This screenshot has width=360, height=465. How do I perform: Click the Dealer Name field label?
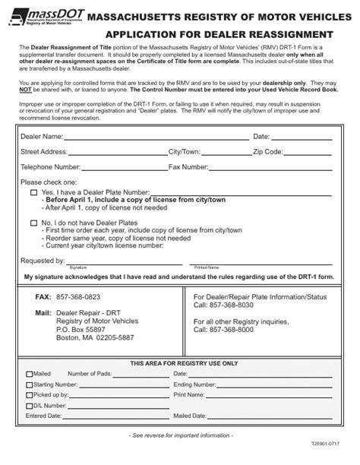42,137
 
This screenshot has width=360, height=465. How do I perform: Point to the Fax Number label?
188,166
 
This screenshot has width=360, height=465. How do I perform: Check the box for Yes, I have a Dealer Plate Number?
33,193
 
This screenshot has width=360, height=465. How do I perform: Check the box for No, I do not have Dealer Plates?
33,223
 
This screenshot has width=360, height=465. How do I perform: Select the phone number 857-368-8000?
232,331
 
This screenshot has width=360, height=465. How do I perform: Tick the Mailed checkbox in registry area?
29,374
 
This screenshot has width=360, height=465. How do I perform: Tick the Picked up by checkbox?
29,395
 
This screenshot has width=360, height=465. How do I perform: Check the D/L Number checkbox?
29,406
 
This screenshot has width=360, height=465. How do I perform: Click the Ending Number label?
196,384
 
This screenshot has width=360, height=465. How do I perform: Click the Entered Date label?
43,416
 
